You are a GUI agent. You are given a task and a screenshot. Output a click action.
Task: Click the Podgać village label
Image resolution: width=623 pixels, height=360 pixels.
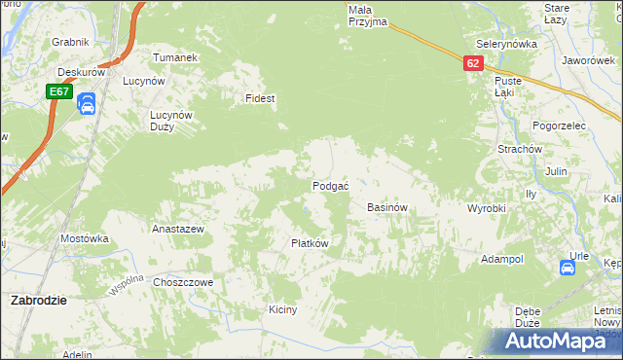330,186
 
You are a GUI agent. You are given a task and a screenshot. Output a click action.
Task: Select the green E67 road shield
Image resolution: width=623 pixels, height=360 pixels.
58,91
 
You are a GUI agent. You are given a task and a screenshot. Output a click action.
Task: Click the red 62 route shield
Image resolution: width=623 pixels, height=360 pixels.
473,62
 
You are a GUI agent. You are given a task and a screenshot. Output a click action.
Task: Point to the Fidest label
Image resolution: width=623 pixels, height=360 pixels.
261,99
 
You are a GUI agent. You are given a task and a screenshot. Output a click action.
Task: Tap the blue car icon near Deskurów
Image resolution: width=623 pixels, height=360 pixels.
86,103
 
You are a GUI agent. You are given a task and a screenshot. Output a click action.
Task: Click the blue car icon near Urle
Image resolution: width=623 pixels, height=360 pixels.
568,268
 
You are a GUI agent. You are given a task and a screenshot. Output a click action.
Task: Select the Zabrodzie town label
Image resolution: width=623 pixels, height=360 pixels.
38,301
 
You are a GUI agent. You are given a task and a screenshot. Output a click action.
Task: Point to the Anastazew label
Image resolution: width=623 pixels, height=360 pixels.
177,230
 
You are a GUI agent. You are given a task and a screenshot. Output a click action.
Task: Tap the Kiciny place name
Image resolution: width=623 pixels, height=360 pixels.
282,309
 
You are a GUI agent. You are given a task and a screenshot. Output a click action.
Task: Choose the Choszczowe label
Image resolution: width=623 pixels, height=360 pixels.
183,282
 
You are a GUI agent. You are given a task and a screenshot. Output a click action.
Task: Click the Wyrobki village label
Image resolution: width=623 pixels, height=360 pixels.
486,209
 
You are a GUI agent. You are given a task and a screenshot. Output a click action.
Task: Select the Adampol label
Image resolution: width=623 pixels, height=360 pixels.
502,260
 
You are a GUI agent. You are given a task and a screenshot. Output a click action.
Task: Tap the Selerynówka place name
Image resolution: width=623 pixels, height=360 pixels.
507,45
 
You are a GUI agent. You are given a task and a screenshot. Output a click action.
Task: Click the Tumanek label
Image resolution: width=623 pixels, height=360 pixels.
175,57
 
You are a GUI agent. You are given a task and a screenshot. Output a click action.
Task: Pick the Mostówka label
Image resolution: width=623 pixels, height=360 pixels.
84,238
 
